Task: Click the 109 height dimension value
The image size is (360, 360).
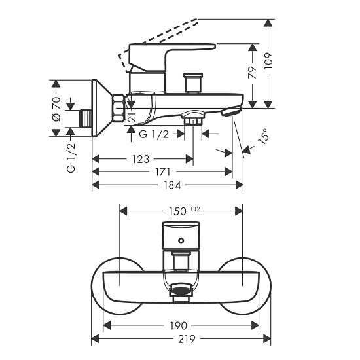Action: (x=268, y=61)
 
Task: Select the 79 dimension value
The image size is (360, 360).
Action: (x=253, y=72)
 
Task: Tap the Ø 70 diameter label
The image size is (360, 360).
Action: (x=56, y=109)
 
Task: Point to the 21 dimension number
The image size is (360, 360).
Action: (x=132, y=117)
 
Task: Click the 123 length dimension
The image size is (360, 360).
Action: (x=141, y=159)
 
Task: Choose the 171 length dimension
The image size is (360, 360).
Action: (x=162, y=171)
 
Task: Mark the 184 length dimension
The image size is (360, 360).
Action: (x=172, y=185)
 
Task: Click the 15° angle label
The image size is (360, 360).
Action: (x=263, y=136)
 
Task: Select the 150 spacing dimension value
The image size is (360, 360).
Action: (x=177, y=211)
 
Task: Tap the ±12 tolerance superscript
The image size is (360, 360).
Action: (x=194, y=209)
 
